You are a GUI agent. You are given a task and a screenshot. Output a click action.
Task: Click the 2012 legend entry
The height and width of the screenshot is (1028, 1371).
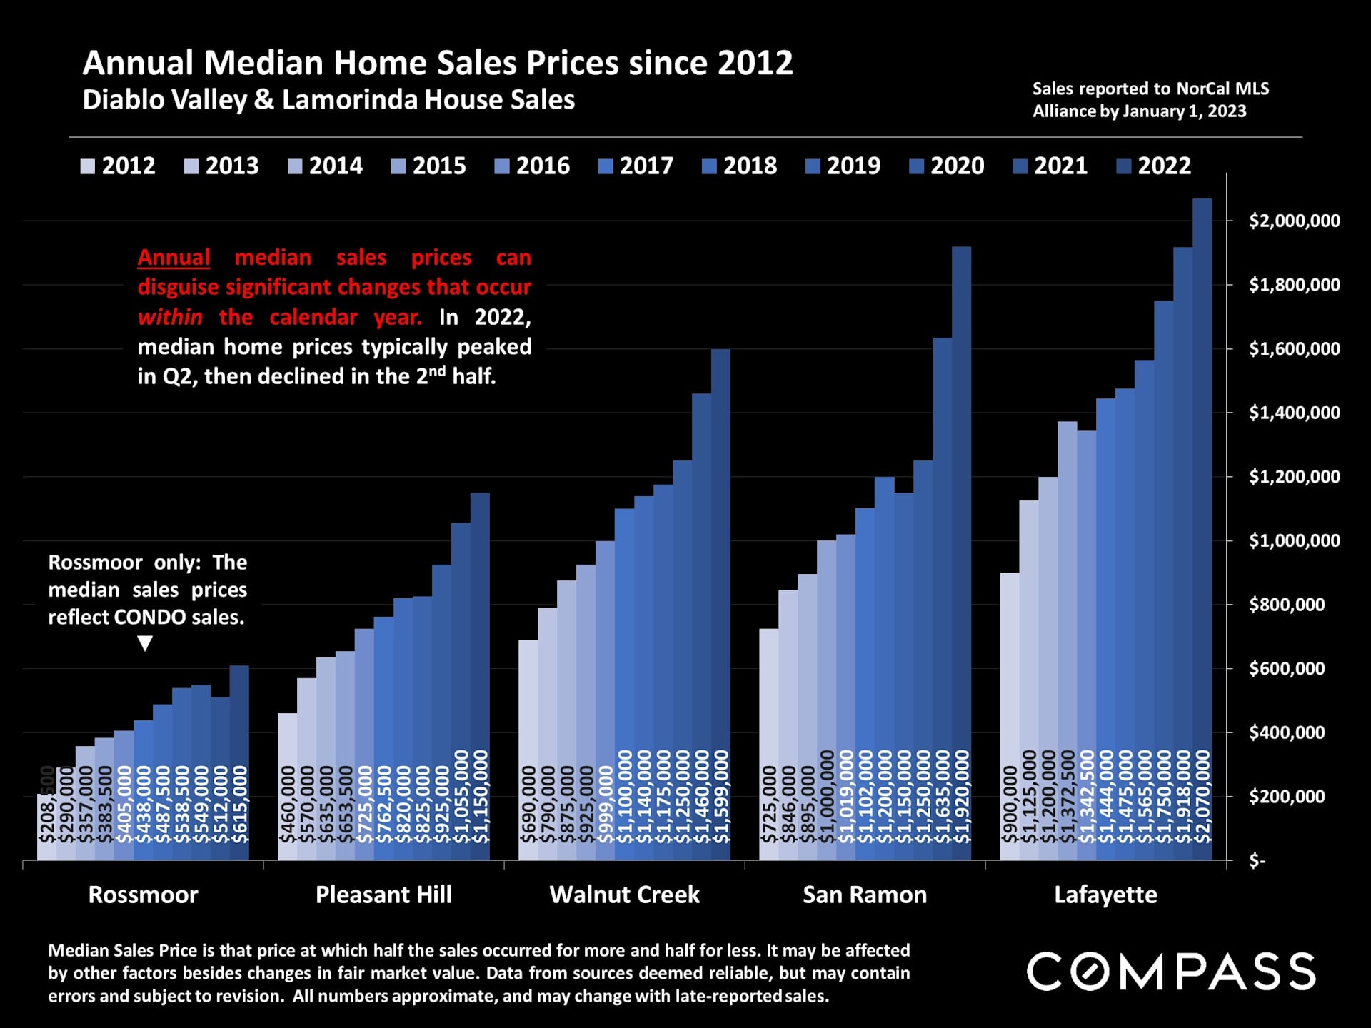pyautogui.click(x=118, y=166)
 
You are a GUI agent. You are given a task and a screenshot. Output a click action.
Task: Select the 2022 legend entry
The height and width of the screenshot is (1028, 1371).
pyautogui.click(x=1153, y=166)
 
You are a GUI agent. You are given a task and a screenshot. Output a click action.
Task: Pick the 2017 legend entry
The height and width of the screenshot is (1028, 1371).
pyautogui.click(x=636, y=166)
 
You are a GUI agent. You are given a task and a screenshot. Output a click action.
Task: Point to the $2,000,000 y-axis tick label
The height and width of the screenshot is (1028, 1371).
pyautogui.click(x=1294, y=221)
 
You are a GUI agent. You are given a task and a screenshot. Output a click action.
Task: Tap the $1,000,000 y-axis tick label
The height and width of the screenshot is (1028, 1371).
pyautogui.click(x=1294, y=540)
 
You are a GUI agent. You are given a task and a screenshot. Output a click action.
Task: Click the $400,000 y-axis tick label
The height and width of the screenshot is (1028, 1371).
pyautogui.click(x=1286, y=732)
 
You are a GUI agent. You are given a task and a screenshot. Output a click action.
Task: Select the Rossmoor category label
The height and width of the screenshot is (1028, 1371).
pyautogui.click(x=143, y=895)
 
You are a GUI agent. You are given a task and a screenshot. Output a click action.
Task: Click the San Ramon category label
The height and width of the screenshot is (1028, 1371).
pyautogui.click(x=865, y=895)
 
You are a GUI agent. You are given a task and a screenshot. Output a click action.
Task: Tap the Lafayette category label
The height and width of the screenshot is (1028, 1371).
pyautogui.click(x=1105, y=895)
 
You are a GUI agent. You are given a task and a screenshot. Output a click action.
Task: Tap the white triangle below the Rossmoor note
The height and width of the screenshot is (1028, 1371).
pyautogui.click(x=145, y=644)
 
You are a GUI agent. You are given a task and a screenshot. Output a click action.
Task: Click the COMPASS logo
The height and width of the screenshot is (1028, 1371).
pyautogui.click(x=1171, y=972)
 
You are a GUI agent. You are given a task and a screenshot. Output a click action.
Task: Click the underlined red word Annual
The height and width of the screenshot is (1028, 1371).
pyautogui.click(x=174, y=257)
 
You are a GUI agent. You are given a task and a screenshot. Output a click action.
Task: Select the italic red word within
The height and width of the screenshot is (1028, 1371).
pyautogui.click(x=170, y=316)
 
